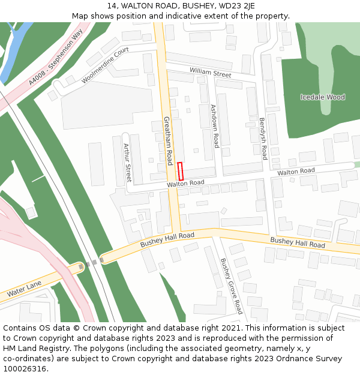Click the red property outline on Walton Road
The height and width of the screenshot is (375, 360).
point(181,171)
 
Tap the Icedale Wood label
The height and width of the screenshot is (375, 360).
point(322,97)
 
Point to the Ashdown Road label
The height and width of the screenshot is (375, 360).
point(215,126)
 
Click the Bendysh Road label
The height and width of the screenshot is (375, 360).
point(263,138)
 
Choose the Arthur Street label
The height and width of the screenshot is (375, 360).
point(127,163)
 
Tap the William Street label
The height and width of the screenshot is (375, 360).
point(210,73)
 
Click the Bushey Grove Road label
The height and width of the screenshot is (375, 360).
point(231,286)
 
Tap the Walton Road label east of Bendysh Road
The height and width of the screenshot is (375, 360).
point(296,172)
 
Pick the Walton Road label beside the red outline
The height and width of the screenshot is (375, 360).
point(185,183)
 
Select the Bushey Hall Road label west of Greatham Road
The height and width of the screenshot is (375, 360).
point(167,240)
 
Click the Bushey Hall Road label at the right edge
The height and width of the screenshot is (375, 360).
point(298,242)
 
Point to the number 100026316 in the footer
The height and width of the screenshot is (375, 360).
point(24,368)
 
